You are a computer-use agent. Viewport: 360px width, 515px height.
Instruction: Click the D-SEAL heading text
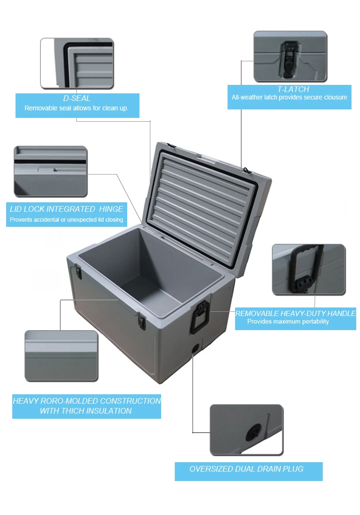coord(77,99)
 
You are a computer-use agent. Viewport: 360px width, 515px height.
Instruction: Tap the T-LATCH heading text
coord(293,89)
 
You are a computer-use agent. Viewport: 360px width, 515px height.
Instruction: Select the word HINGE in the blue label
coord(111,209)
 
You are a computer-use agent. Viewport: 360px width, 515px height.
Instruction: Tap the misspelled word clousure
coord(333,98)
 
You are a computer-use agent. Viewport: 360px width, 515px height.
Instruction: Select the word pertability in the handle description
coord(313,322)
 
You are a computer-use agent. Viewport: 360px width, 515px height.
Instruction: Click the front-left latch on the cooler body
coord(79,272)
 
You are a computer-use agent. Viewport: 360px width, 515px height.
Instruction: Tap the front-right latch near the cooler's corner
coord(141,321)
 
